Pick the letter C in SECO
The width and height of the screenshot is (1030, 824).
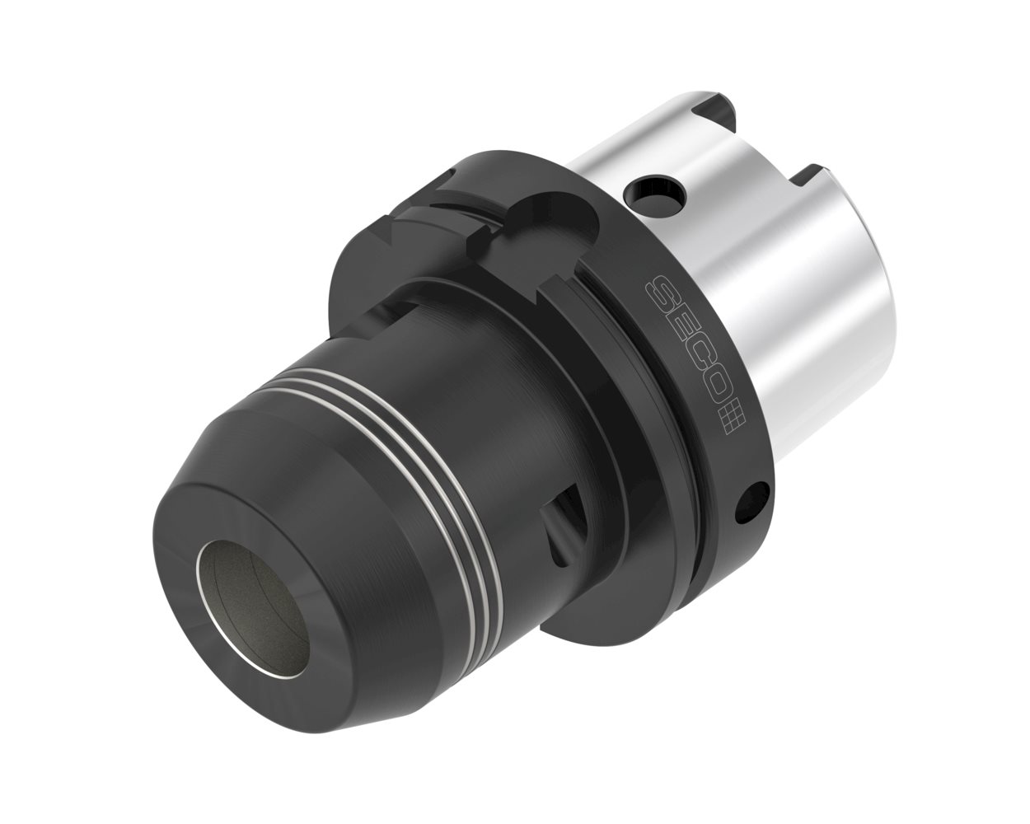point(692,352)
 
